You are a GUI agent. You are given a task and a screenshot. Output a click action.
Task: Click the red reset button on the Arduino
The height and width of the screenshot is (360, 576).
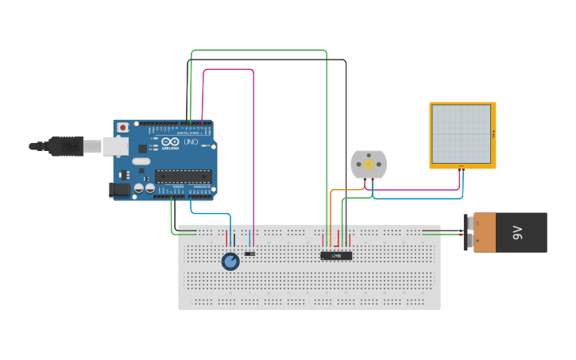click(x=122, y=127)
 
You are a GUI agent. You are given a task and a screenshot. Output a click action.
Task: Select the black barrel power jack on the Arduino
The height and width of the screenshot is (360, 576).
click(x=119, y=190)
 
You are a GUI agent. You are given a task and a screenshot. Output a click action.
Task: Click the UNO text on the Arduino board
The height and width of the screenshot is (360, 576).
click(x=191, y=142)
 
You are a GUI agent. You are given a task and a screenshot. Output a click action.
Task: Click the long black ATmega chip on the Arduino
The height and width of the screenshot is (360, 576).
click(x=184, y=176)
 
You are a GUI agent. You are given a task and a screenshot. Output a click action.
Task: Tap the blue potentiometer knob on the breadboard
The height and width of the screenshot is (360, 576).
click(x=230, y=261)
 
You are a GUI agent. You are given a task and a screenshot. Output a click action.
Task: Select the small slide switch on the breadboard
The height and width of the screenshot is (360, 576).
click(x=250, y=254)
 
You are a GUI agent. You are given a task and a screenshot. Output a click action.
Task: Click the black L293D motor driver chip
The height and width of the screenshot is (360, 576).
click(x=336, y=255)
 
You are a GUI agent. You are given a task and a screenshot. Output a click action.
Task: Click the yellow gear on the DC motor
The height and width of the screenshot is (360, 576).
click(x=369, y=164)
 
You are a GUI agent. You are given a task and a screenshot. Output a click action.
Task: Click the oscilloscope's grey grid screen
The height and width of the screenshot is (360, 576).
click(x=461, y=134)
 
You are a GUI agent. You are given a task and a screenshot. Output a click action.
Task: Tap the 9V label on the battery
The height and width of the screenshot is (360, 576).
click(x=517, y=232)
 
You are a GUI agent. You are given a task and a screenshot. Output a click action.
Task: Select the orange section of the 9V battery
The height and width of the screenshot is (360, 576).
click(x=484, y=233)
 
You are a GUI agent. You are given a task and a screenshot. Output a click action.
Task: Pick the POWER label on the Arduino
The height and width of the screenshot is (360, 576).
click(x=178, y=187)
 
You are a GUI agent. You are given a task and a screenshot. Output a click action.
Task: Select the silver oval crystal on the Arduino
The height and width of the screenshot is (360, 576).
click(x=141, y=161)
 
